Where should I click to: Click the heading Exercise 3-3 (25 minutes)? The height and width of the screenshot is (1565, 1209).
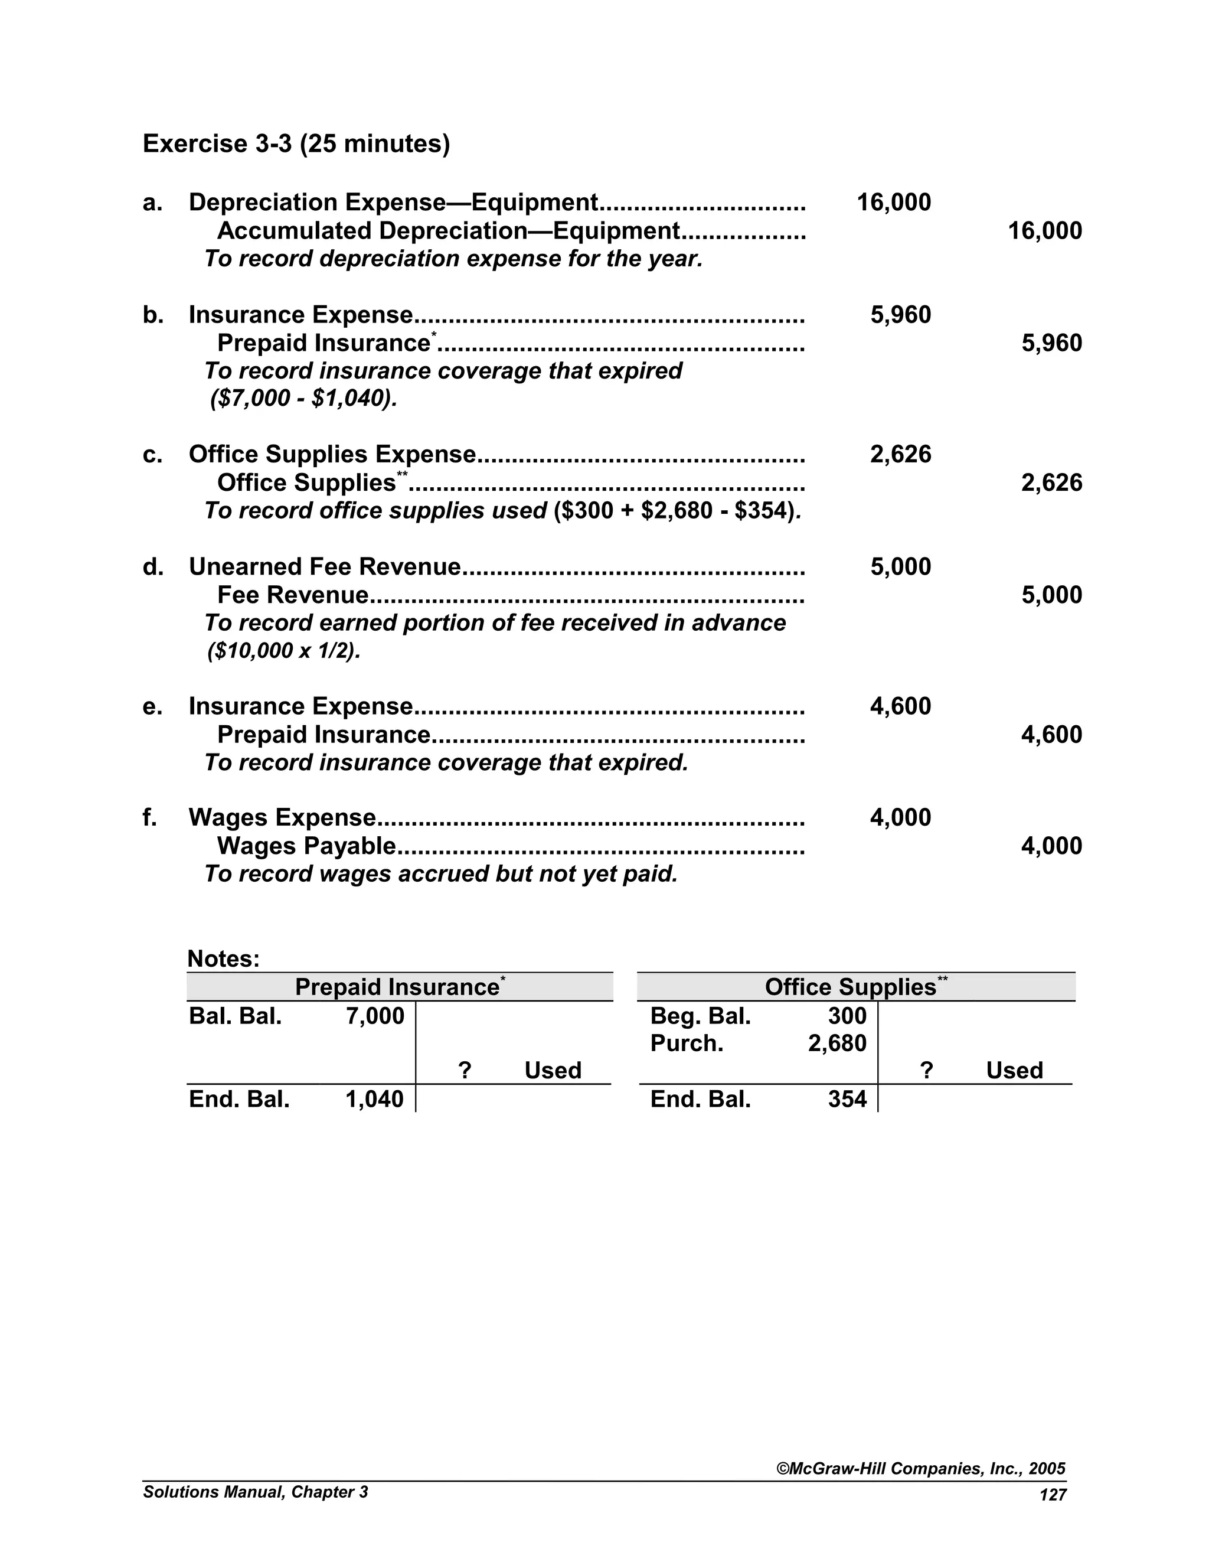296,144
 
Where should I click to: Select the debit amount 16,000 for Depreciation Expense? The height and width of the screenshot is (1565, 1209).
893,203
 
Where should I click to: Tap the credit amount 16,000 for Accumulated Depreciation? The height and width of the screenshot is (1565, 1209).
1044,232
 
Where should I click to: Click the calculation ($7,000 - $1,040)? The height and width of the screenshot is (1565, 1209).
303,399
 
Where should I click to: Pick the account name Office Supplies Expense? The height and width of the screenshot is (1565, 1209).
332,454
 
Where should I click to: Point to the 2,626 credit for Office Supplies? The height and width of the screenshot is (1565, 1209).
1051,483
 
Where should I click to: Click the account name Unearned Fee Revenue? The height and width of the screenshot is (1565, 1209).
325,567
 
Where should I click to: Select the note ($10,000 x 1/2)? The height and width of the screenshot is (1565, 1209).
283,651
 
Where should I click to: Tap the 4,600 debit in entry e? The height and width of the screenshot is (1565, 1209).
900,706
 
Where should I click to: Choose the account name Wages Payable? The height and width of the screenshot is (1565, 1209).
306,846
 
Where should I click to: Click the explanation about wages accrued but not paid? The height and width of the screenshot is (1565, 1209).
440,874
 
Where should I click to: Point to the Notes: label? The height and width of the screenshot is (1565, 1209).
223,958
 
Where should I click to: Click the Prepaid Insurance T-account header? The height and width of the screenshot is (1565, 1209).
399,987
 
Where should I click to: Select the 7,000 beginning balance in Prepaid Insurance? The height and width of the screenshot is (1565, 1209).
375,1016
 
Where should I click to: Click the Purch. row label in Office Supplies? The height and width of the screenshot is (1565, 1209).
686,1044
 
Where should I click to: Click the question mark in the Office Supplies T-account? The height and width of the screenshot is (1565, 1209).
926,1071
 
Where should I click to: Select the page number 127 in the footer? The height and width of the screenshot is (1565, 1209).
1052,1495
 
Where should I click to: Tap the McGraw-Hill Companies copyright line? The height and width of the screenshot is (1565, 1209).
920,1469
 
